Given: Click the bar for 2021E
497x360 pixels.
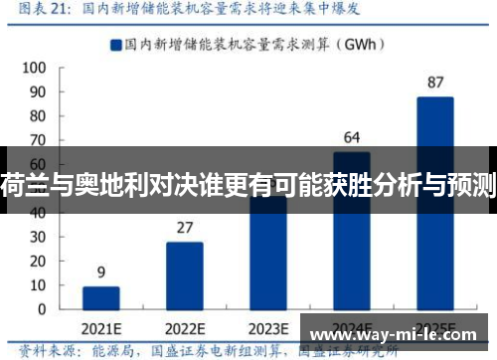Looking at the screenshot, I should point(101,297).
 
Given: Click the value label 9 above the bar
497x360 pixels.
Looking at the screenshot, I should point(101,271).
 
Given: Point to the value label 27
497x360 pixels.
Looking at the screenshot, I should point(185,227).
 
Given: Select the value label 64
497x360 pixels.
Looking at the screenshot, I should point(352,137).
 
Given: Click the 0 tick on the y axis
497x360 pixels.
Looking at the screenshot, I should point(39,309).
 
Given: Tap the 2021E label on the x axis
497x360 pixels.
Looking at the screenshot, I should point(101,329).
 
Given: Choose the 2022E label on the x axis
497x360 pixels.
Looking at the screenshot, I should point(185,329).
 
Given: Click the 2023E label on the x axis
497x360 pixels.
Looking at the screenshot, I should point(268,329).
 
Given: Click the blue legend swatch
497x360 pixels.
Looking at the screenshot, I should point(115,44).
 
